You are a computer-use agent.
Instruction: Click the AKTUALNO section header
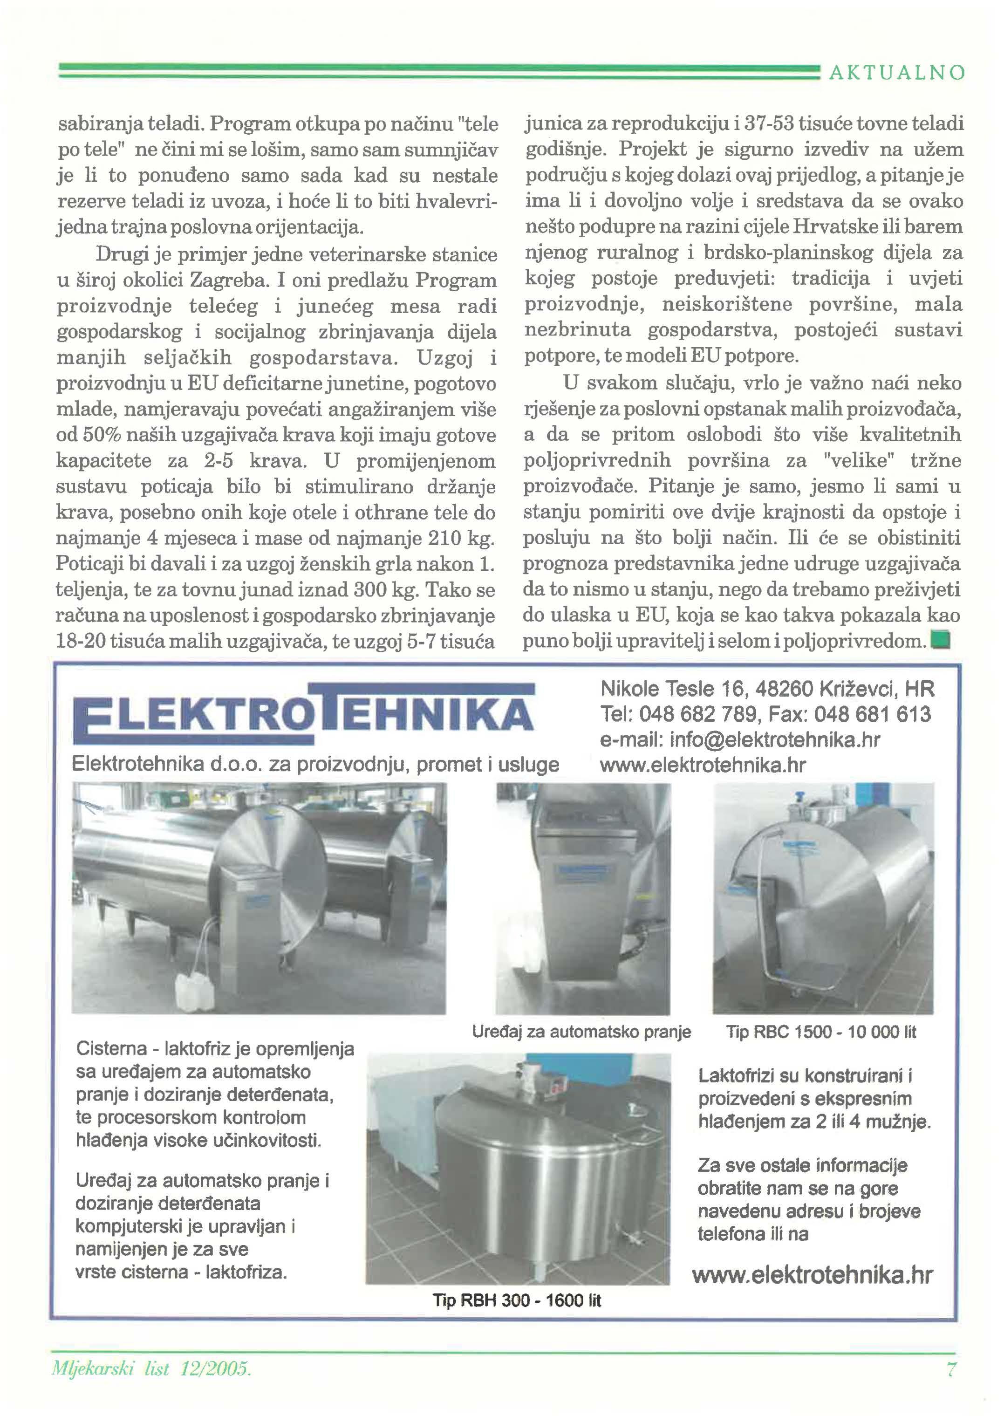(x=896, y=73)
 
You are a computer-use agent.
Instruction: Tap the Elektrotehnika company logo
(x=303, y=714)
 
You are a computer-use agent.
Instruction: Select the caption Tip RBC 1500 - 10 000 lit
(x=821, y=1032)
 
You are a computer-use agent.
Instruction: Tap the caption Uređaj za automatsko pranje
(x=581, y=1032)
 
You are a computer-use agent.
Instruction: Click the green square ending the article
(x=941, y=639)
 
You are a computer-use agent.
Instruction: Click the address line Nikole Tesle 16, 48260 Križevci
(x=766, y=688)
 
